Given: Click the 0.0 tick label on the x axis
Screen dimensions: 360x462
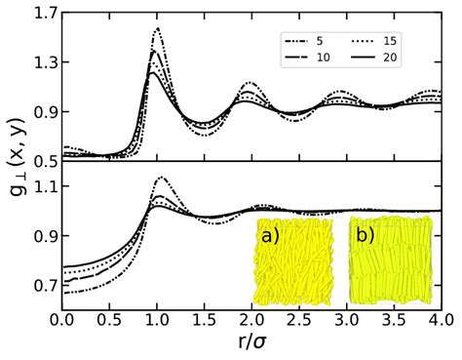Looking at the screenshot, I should pos(61,322).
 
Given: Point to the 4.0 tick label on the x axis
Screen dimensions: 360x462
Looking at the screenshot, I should pos(441,322).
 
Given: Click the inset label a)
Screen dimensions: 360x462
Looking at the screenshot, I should pos(270,236).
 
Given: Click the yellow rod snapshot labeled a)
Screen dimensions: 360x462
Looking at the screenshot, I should pos(294,260).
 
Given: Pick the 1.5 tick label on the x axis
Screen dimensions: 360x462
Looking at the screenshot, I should pos(204,322).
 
